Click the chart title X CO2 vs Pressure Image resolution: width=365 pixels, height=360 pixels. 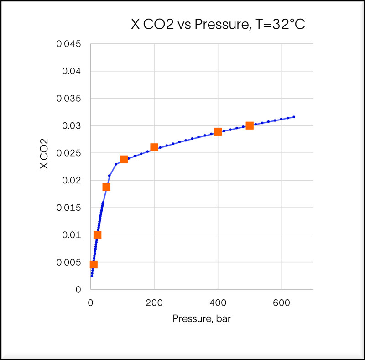click(218, 25)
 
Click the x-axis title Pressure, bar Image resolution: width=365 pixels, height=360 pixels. click(202, 318)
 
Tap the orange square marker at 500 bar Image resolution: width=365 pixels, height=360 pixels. click(250, 125)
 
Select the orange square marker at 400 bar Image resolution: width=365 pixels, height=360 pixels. click(218, 131)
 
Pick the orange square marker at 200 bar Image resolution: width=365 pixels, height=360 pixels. click(154, 147)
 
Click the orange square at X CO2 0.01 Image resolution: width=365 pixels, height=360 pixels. click(97, 235)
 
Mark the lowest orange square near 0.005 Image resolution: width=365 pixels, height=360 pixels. click(94, 264)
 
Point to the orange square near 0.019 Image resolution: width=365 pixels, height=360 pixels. click(106, 187)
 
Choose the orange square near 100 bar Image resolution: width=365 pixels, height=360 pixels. click(124, 159)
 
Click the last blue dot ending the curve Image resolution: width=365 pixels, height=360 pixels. click(294, 117)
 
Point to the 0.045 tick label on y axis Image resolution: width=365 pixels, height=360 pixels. click(69, 44)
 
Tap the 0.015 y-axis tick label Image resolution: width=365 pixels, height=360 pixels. click(69, 208)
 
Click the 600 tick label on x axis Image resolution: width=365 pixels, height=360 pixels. click(282, 302)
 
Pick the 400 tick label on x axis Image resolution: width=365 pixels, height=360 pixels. click(218, 302)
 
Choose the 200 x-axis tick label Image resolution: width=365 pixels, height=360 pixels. click(154, 302)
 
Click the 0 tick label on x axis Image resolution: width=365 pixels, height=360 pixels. click(91, 302)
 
